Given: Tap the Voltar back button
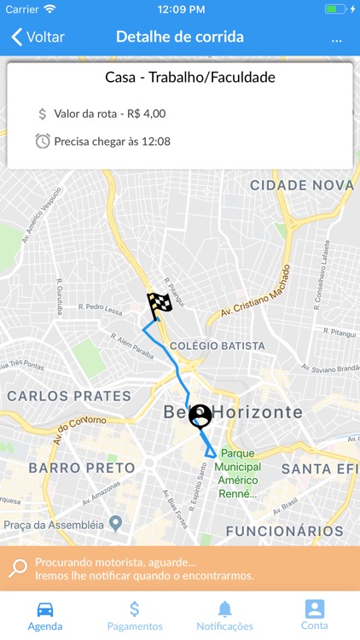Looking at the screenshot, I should coord(38,37).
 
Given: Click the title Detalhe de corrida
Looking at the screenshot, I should coord(180,37).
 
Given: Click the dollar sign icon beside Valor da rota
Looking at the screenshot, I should coord(43,113).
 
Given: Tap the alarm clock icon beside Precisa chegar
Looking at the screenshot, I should coord(43,141).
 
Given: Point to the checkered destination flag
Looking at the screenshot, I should coord(159,304).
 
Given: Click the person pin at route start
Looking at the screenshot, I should coord(200,416).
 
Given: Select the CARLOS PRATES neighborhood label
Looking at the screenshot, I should coord(70,396).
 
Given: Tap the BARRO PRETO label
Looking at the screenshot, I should coord(82,468).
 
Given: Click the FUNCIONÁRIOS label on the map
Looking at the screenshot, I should coord(284,531).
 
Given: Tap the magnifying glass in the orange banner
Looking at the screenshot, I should coord(17,568).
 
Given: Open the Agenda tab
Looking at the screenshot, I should coord(45,615).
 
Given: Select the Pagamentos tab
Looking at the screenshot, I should coord(135,615).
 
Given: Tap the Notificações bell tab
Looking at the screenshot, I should coord(224,615).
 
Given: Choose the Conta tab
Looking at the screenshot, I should coord(315,615).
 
